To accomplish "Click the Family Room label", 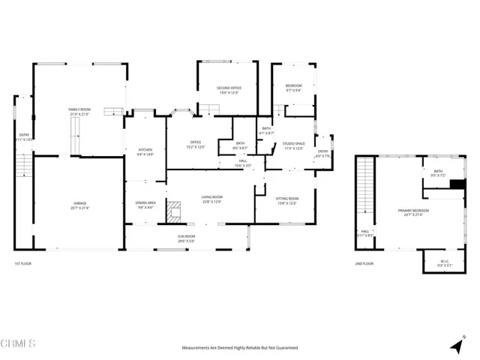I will click(79, 112).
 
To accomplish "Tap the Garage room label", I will click(79, 205).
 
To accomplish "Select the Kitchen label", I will click(145, 151).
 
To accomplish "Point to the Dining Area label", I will click(145, 205).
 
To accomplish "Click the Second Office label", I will click(229, 90).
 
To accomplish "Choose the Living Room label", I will click(211, 199).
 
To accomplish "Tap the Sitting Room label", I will click(287, 200).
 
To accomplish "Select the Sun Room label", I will click(186, 238).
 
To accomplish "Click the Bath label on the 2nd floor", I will click(438, 173).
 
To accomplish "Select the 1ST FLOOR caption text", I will click(22, 264).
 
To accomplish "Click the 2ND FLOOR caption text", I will click(364, 264).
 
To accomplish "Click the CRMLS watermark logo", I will click(19, 344).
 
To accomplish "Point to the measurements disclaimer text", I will click(240, 348).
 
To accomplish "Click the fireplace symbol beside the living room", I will click(174, 211).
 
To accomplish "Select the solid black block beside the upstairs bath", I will click(457, 184).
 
